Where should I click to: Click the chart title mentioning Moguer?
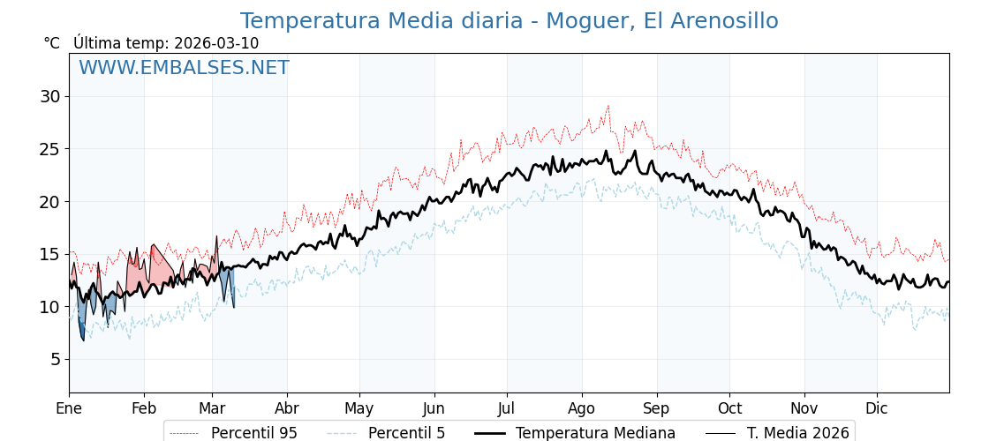pyautogui.click(x=509, y=21)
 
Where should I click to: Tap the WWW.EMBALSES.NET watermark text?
pyautogui.click(x=184, y=68)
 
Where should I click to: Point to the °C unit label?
pyautogui.click(x=51, y=43)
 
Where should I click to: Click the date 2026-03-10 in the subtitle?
pyautogui.click(x=216, y=43)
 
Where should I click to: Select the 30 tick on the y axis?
pyautogui.click(x=49, y=96)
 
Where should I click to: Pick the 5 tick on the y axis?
pyautogui.click(x=55, y=359)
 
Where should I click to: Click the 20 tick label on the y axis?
pyautogui.click(x=49, y=201)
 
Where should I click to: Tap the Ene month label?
pyautogui.click(x=69, y=408)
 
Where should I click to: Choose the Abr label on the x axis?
pyautogui.click(x=287, y=408)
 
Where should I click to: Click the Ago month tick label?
pyautogui.click(x=582, y=408)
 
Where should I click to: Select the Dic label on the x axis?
pyautogui.click(x=877, y=408)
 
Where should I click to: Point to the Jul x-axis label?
pyautogui.click(x=507, y=408)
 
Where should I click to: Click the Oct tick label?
pyautogui.click(x=729, y=408)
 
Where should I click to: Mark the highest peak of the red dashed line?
pyautogui.click(x=608, y=106)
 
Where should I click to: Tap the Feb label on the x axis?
pyautogui.click(x=143, y=408)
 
